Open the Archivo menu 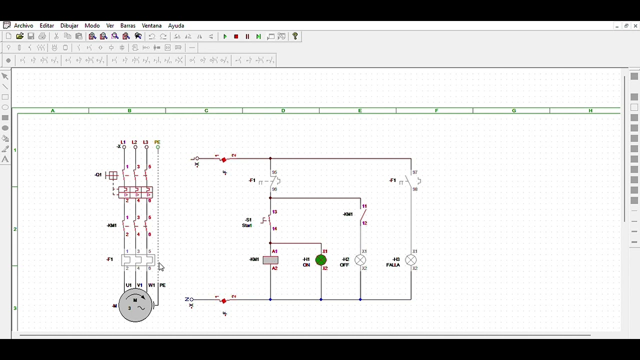coord(23,25)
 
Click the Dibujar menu coord(69,25)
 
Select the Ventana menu coord(151,25)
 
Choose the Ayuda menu coord(176,25)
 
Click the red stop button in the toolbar coord(236,36)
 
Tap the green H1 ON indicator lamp coord(321,260)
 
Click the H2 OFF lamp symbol coord(360,260)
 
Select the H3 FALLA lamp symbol coord(410,260)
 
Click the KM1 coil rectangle coord(270,260)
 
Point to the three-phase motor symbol coord(135,305)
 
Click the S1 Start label coord(247,222)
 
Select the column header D coord(283,110)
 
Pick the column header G coord(513,110)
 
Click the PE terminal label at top coord(157,142)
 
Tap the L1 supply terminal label coord(123,142)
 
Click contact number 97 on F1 coord(415,172)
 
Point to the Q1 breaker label coord(98,174)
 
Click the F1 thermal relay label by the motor coord(110,259)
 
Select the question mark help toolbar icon coord(295,36)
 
